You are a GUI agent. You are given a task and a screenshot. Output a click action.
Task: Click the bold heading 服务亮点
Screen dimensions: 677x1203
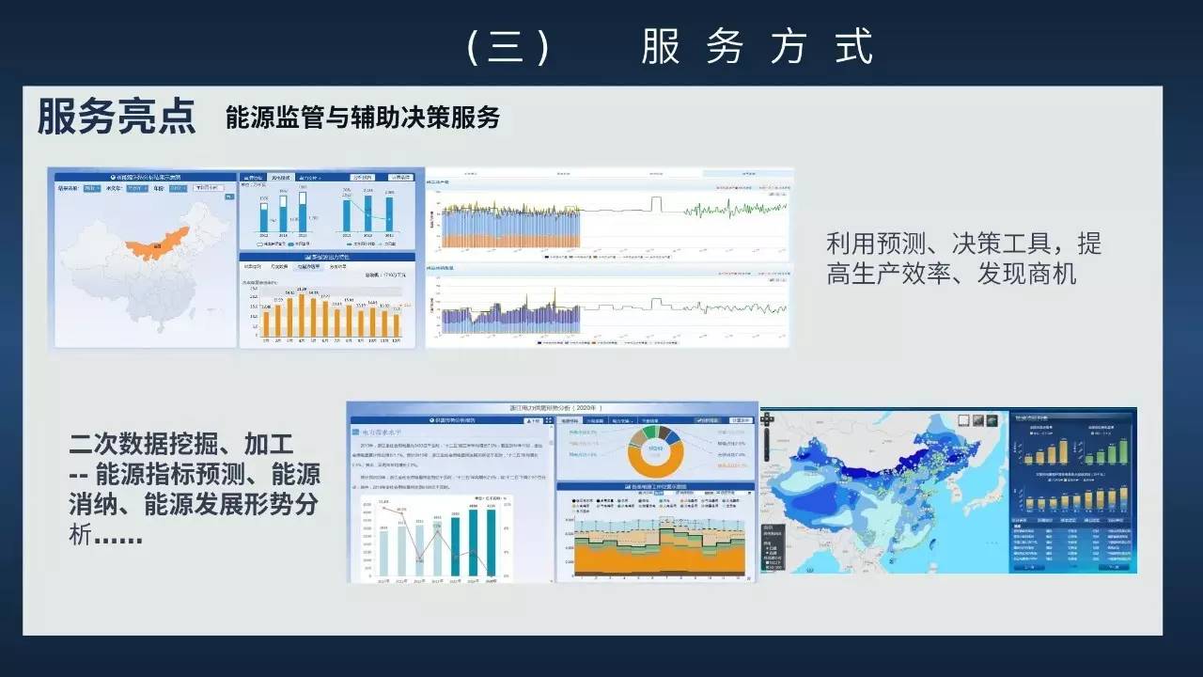pos(117,117)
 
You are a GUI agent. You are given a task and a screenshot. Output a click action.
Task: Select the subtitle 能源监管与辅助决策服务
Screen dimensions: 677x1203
pos(363,118)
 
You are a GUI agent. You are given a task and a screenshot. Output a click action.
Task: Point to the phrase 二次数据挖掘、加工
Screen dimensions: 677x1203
pos(181,443)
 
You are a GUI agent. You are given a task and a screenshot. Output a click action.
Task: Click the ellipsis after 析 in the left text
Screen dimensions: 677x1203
pos(118,538)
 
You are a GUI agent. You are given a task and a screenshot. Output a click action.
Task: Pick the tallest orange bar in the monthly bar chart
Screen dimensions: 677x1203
pos(302,316)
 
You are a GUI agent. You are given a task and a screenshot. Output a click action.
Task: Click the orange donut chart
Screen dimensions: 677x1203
pos(655,451)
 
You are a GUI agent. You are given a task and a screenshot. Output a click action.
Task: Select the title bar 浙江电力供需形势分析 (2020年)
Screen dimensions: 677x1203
pos(553,409)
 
